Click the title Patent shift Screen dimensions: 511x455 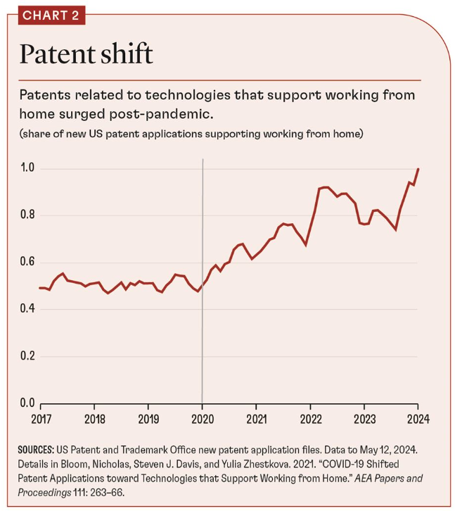click(x=85, y=55)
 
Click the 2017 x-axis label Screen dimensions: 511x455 click(x=40, y=417)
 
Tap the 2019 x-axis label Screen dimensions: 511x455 click(x=148, y=417)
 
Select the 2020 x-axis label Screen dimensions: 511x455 click(x=202, y=417)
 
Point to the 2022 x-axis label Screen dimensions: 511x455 click(x=310, y=417)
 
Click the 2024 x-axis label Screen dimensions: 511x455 click(x=417, y=417)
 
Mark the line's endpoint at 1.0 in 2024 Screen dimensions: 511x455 click(x=418, y=169)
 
